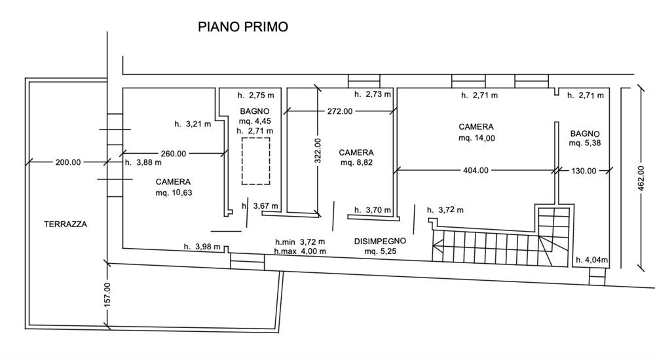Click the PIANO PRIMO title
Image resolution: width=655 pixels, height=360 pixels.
(243, 27)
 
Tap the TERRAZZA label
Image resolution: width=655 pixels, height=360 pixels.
(65, 225)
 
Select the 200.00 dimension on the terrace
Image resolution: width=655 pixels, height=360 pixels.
(68, 162)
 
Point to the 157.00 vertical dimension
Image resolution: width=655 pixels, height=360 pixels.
(107, 295)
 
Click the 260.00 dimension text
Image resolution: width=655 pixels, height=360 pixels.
(174, 154)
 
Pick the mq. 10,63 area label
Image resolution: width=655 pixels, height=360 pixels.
(174, 193)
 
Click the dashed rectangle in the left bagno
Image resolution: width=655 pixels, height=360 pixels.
(255, 161)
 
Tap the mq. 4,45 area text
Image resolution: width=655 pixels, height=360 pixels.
(255, 121)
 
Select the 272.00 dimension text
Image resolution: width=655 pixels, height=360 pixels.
(339, 111)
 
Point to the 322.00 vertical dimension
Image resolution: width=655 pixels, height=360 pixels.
(318, 151)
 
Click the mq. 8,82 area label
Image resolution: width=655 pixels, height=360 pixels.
(356, 162)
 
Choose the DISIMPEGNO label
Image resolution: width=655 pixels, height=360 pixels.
(380, 242)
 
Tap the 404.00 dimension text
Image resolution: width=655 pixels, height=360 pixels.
(476, 170)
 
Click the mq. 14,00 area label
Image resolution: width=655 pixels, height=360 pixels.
(477, 138)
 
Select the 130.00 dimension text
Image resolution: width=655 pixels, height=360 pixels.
(584, 171)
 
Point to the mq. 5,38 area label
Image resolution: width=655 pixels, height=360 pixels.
(585, 143)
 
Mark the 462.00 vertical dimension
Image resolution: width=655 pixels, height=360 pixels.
(641, 179)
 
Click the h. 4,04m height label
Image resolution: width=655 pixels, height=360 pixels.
(592, 261)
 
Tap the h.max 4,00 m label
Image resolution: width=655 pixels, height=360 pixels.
(300, 251)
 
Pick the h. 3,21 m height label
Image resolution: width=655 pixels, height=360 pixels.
(193, 124)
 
